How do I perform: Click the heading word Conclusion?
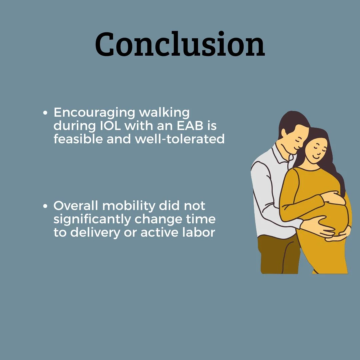(180, 44)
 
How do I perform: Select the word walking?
(164, 112)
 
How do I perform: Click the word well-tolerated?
(180, 139)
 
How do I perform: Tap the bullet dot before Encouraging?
(45, 113)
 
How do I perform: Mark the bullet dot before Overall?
(45, 206)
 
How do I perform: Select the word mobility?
(129, 206)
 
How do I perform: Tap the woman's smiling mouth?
(317, 157)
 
